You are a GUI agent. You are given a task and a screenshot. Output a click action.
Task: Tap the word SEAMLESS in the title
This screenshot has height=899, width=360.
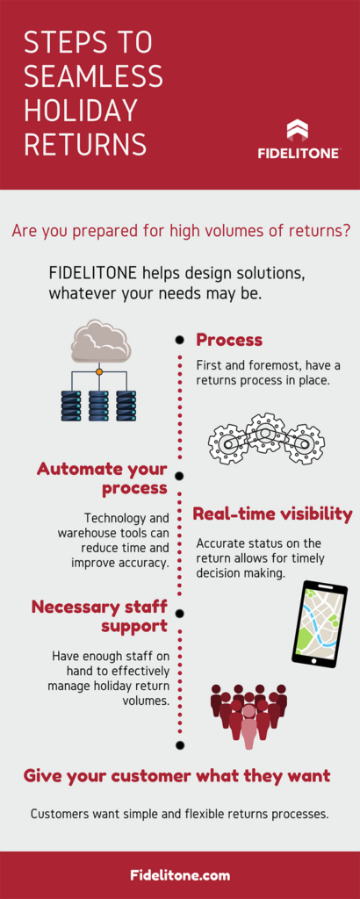point(93,76)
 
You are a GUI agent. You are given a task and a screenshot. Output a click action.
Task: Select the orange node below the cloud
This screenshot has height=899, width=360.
point(99,372)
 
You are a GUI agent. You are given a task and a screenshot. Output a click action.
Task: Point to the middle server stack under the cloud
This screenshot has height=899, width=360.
point(98,406)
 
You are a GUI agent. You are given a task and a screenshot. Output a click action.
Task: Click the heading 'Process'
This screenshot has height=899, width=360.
point(229,340)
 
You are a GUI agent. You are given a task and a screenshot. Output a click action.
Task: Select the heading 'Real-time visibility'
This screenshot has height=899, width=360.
point(272,514)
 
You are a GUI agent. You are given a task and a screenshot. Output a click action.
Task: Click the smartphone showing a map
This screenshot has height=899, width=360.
point(316,624)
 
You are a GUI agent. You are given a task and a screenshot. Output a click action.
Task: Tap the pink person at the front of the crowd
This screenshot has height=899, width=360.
point(248,724)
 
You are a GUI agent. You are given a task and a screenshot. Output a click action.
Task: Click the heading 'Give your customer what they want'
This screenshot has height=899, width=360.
point(177,776)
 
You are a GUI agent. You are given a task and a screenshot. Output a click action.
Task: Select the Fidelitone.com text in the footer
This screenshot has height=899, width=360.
point(180,875)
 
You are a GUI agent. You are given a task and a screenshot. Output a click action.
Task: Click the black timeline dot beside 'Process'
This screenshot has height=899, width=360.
point(180,340)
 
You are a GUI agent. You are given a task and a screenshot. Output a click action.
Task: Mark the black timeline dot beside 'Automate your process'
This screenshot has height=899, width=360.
point(180,476)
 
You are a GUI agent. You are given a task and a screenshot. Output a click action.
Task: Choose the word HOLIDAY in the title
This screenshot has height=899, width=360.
point(81,109)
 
